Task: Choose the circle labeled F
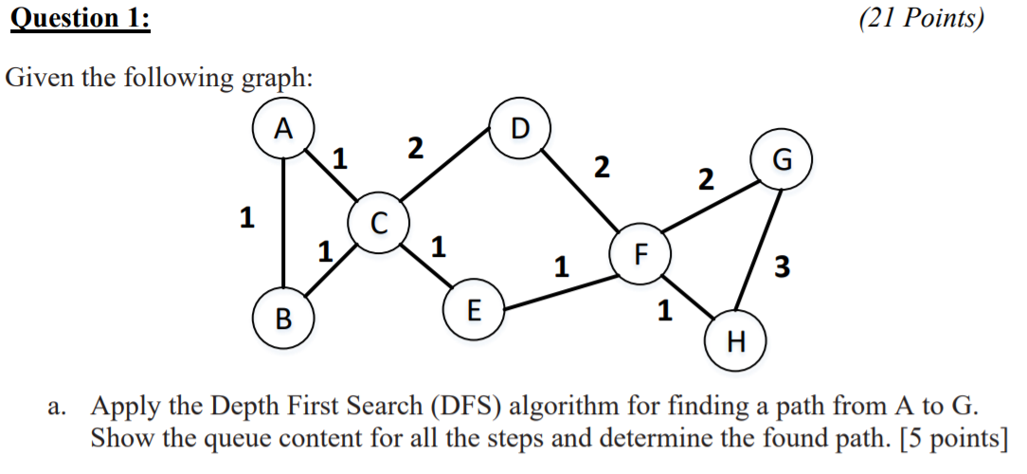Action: pyautogui.click(x=641, y=253)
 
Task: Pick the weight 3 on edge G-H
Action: pyautogui.click(x=781, y=267)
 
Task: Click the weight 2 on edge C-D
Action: pyautogui.click(x=414, y=149)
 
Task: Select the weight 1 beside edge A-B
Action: pyautogui.click(x=246, y=219)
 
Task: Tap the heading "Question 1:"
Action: pyautogui.click(x=80, y=19)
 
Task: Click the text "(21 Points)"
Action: pyautogui.click(x=921, y=19)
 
